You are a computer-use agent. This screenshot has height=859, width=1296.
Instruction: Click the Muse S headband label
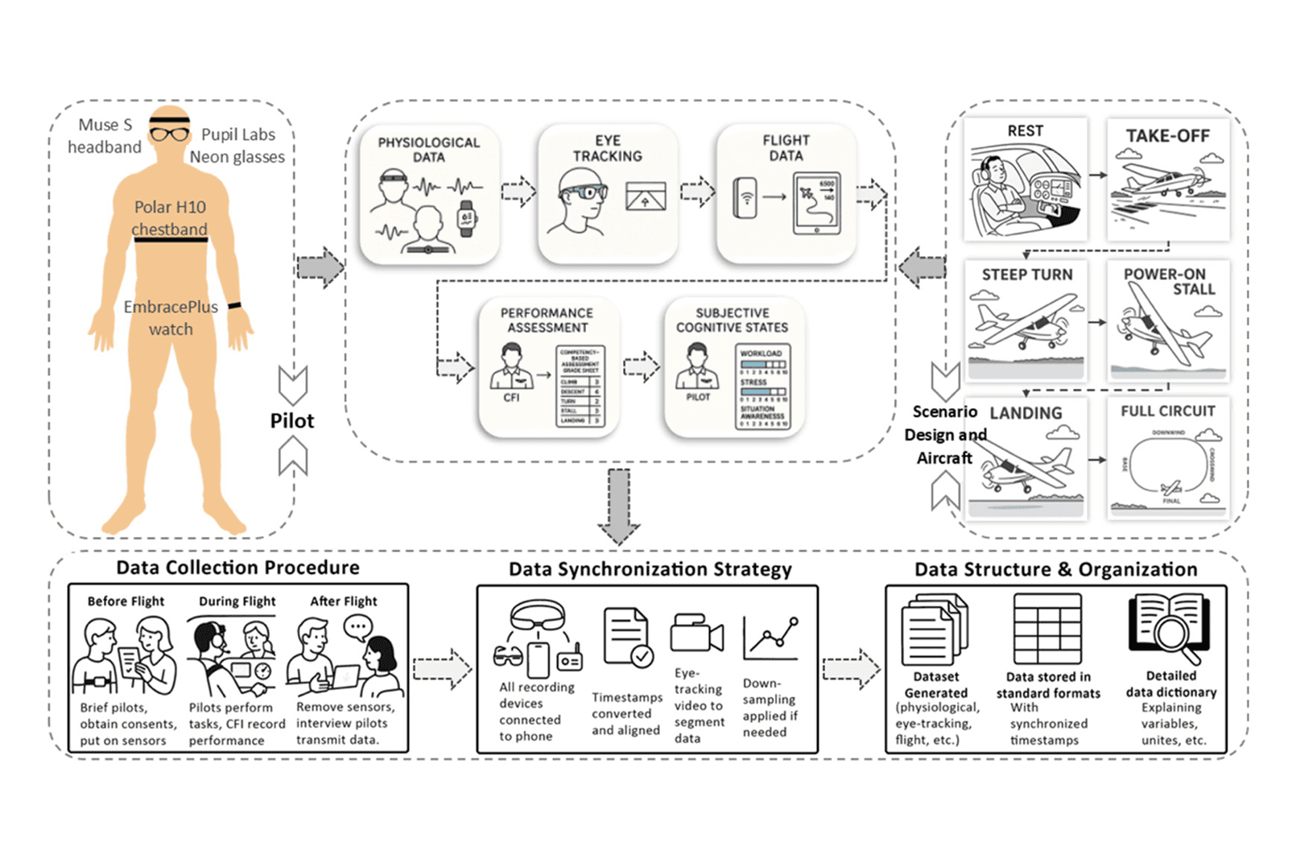pos(105,136)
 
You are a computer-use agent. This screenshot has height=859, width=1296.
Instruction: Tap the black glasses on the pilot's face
pos(170,134)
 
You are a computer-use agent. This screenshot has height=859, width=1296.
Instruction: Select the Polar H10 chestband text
pos(170,218)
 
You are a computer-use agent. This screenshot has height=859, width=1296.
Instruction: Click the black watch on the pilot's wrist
pos(234,306)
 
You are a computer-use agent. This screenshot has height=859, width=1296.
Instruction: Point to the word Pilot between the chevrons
pos(292,421)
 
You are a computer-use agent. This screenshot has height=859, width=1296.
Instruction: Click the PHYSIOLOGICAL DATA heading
pos(428,149)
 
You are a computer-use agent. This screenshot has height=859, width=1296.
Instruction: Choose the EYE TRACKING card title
pos(608,148)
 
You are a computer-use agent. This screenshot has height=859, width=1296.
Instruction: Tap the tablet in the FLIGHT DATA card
pos(816,203)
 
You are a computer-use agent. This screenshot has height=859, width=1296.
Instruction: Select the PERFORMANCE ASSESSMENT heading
pos(547,320)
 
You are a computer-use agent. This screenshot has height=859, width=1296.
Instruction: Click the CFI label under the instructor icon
pos(511,398)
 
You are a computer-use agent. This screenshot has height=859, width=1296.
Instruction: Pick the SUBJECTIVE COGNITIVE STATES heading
pos(732,320)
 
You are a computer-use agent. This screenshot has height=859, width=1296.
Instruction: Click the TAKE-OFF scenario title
pos(1167,136)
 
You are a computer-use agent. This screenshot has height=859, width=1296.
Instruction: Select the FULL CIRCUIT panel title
pos(1168,411)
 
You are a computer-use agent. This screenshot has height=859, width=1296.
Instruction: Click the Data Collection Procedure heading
pos(237,568)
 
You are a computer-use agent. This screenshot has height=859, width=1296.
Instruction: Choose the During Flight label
pos(237,601)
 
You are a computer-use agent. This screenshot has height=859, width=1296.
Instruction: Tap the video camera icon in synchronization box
pos(696,634)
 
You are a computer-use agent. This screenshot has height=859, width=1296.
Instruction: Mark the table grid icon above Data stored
pos(1047,629)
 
